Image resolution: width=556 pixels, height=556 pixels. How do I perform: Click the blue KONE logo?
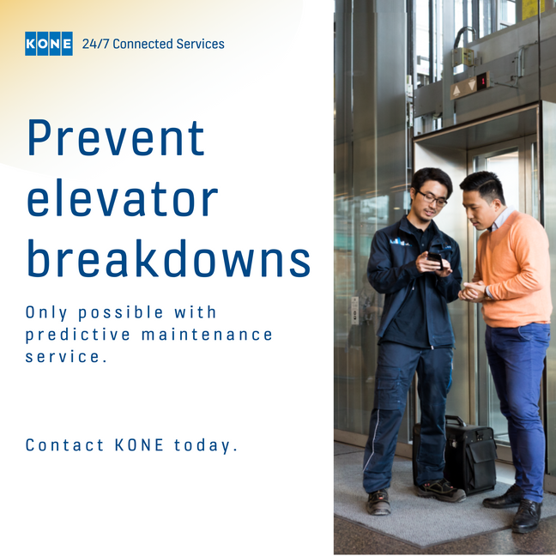(x=49, y=44)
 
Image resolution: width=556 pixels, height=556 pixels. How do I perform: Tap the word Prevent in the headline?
(x=117, y=138)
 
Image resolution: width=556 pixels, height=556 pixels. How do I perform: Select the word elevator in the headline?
(x=123, y=198)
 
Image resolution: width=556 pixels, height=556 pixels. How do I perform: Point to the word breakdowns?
(x=169, y=258)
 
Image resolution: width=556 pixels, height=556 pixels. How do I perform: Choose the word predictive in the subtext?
(x=78, y=335)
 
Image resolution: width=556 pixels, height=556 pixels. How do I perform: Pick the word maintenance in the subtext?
(x=207, y=335)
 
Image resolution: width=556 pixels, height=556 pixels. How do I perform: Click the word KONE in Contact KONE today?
(x=139, y=445)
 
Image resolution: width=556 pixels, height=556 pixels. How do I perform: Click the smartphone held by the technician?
(x=435, y=260)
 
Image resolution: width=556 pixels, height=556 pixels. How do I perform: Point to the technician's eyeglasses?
(x=432, y=198)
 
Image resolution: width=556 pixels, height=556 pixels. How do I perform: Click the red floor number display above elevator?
(x=482, y=82)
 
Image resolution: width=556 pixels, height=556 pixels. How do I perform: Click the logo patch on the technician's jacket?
(x=399, y=242)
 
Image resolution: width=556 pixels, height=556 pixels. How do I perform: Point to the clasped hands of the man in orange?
(x=472, y=291)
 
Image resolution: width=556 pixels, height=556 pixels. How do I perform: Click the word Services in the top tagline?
(x=200, y=44)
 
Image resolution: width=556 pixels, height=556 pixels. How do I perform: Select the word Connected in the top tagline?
(x=142, y=44)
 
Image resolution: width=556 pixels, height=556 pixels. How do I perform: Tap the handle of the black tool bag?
(x=455, y=420)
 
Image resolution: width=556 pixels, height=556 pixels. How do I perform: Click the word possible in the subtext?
(x=121, y=313)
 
